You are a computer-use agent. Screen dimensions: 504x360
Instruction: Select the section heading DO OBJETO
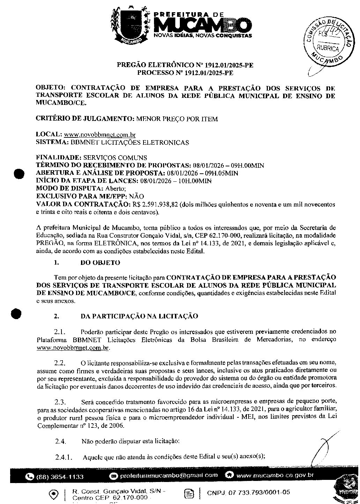100,262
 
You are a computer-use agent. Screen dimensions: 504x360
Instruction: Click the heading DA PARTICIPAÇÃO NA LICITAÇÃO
139,316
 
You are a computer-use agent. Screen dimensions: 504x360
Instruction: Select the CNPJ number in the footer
248,492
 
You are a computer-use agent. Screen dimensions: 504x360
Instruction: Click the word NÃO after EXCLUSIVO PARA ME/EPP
136,196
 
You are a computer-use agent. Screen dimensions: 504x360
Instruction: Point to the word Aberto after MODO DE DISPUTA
106,189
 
